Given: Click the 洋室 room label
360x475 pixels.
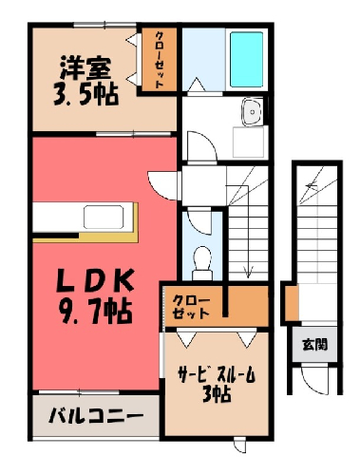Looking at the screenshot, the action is (85, 67).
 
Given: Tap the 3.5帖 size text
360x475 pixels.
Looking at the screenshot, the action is (85, 94).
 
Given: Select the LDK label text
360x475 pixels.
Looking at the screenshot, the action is (95, 280).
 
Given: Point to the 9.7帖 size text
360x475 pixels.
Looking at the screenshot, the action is (95, 312).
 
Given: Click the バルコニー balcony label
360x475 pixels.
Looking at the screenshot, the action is (96, 415).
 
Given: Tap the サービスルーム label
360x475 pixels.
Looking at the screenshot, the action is (217, 376).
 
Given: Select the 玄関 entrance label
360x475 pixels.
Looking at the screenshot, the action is (314, 344).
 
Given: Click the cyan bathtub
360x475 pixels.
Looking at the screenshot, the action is (246, 60).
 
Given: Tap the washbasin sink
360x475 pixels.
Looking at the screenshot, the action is (253, 111).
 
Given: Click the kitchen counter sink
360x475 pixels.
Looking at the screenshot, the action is (104, 217).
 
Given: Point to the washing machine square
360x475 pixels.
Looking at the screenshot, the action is (248, 142).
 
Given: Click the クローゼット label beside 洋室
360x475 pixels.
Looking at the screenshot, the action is (159, 60).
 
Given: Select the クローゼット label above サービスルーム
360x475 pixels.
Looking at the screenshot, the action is (191, 307).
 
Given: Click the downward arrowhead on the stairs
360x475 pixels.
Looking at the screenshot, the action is (248, 272).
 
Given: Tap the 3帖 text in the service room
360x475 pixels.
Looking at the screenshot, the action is (217, 394).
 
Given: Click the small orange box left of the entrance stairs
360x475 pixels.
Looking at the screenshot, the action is (292, 303).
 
